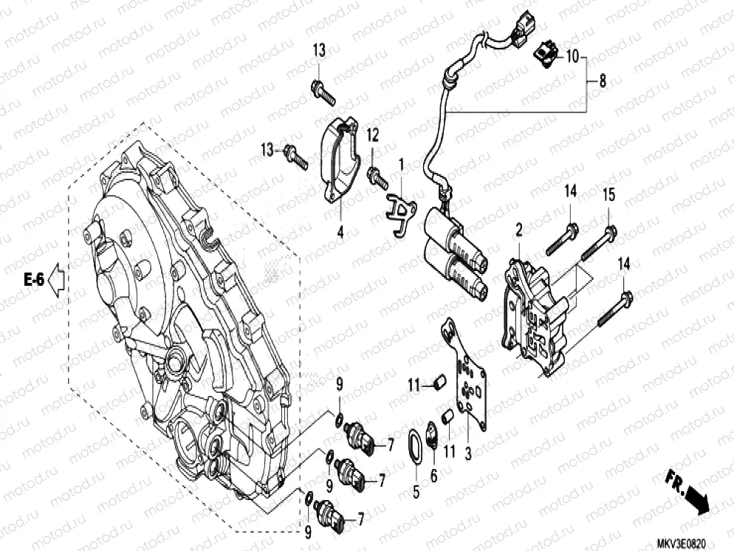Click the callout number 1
pos(402,162)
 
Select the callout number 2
pos(518,230)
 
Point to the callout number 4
pos(340,233)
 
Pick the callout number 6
pos(433,476)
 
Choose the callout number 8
pos(603,81)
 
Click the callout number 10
pos(574,55)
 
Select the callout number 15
pos(608,195)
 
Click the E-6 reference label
pos(34,279)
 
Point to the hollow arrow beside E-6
pos(57,279)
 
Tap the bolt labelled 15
pos(597,244)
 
